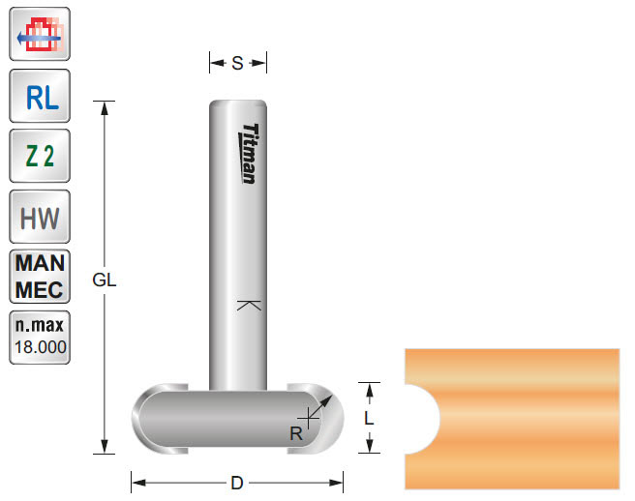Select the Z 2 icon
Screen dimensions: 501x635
40,156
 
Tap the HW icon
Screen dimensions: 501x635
40,217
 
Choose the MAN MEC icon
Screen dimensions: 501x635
40,277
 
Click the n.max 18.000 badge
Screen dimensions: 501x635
40,338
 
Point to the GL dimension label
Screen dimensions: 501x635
105,280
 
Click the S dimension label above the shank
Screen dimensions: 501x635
237,64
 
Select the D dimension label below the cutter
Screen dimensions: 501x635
237,482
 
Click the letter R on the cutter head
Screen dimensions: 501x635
295,434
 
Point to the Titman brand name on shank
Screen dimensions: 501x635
249,153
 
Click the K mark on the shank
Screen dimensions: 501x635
249,307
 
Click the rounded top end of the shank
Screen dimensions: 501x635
238,103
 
